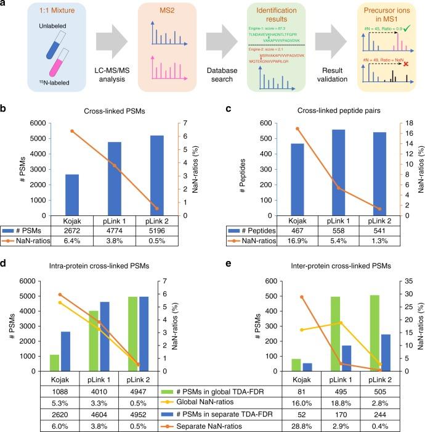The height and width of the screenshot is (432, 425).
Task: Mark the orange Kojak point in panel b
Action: coord(71,131)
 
